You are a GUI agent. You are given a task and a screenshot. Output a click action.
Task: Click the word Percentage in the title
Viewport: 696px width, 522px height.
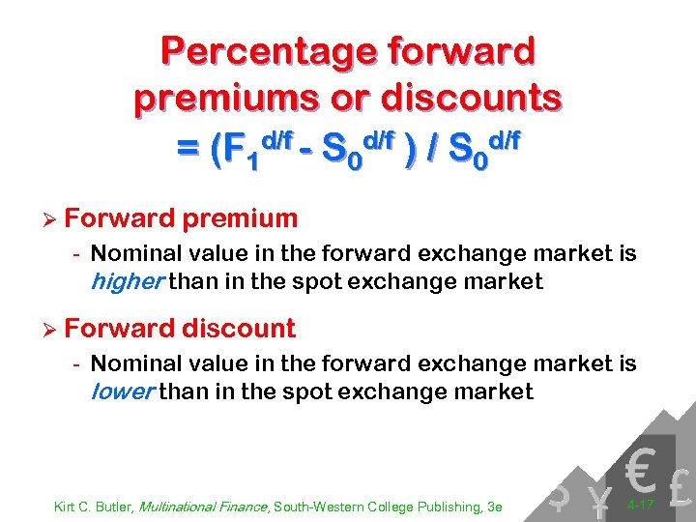click(x=250, y=51)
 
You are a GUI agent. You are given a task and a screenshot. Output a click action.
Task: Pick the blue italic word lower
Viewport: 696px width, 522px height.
click(x=122, y=391)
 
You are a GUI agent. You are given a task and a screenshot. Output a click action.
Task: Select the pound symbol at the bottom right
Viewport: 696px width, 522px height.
click(x=680, y=489)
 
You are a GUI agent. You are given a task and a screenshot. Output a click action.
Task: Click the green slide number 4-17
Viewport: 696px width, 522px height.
click(x=640, y=506)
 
